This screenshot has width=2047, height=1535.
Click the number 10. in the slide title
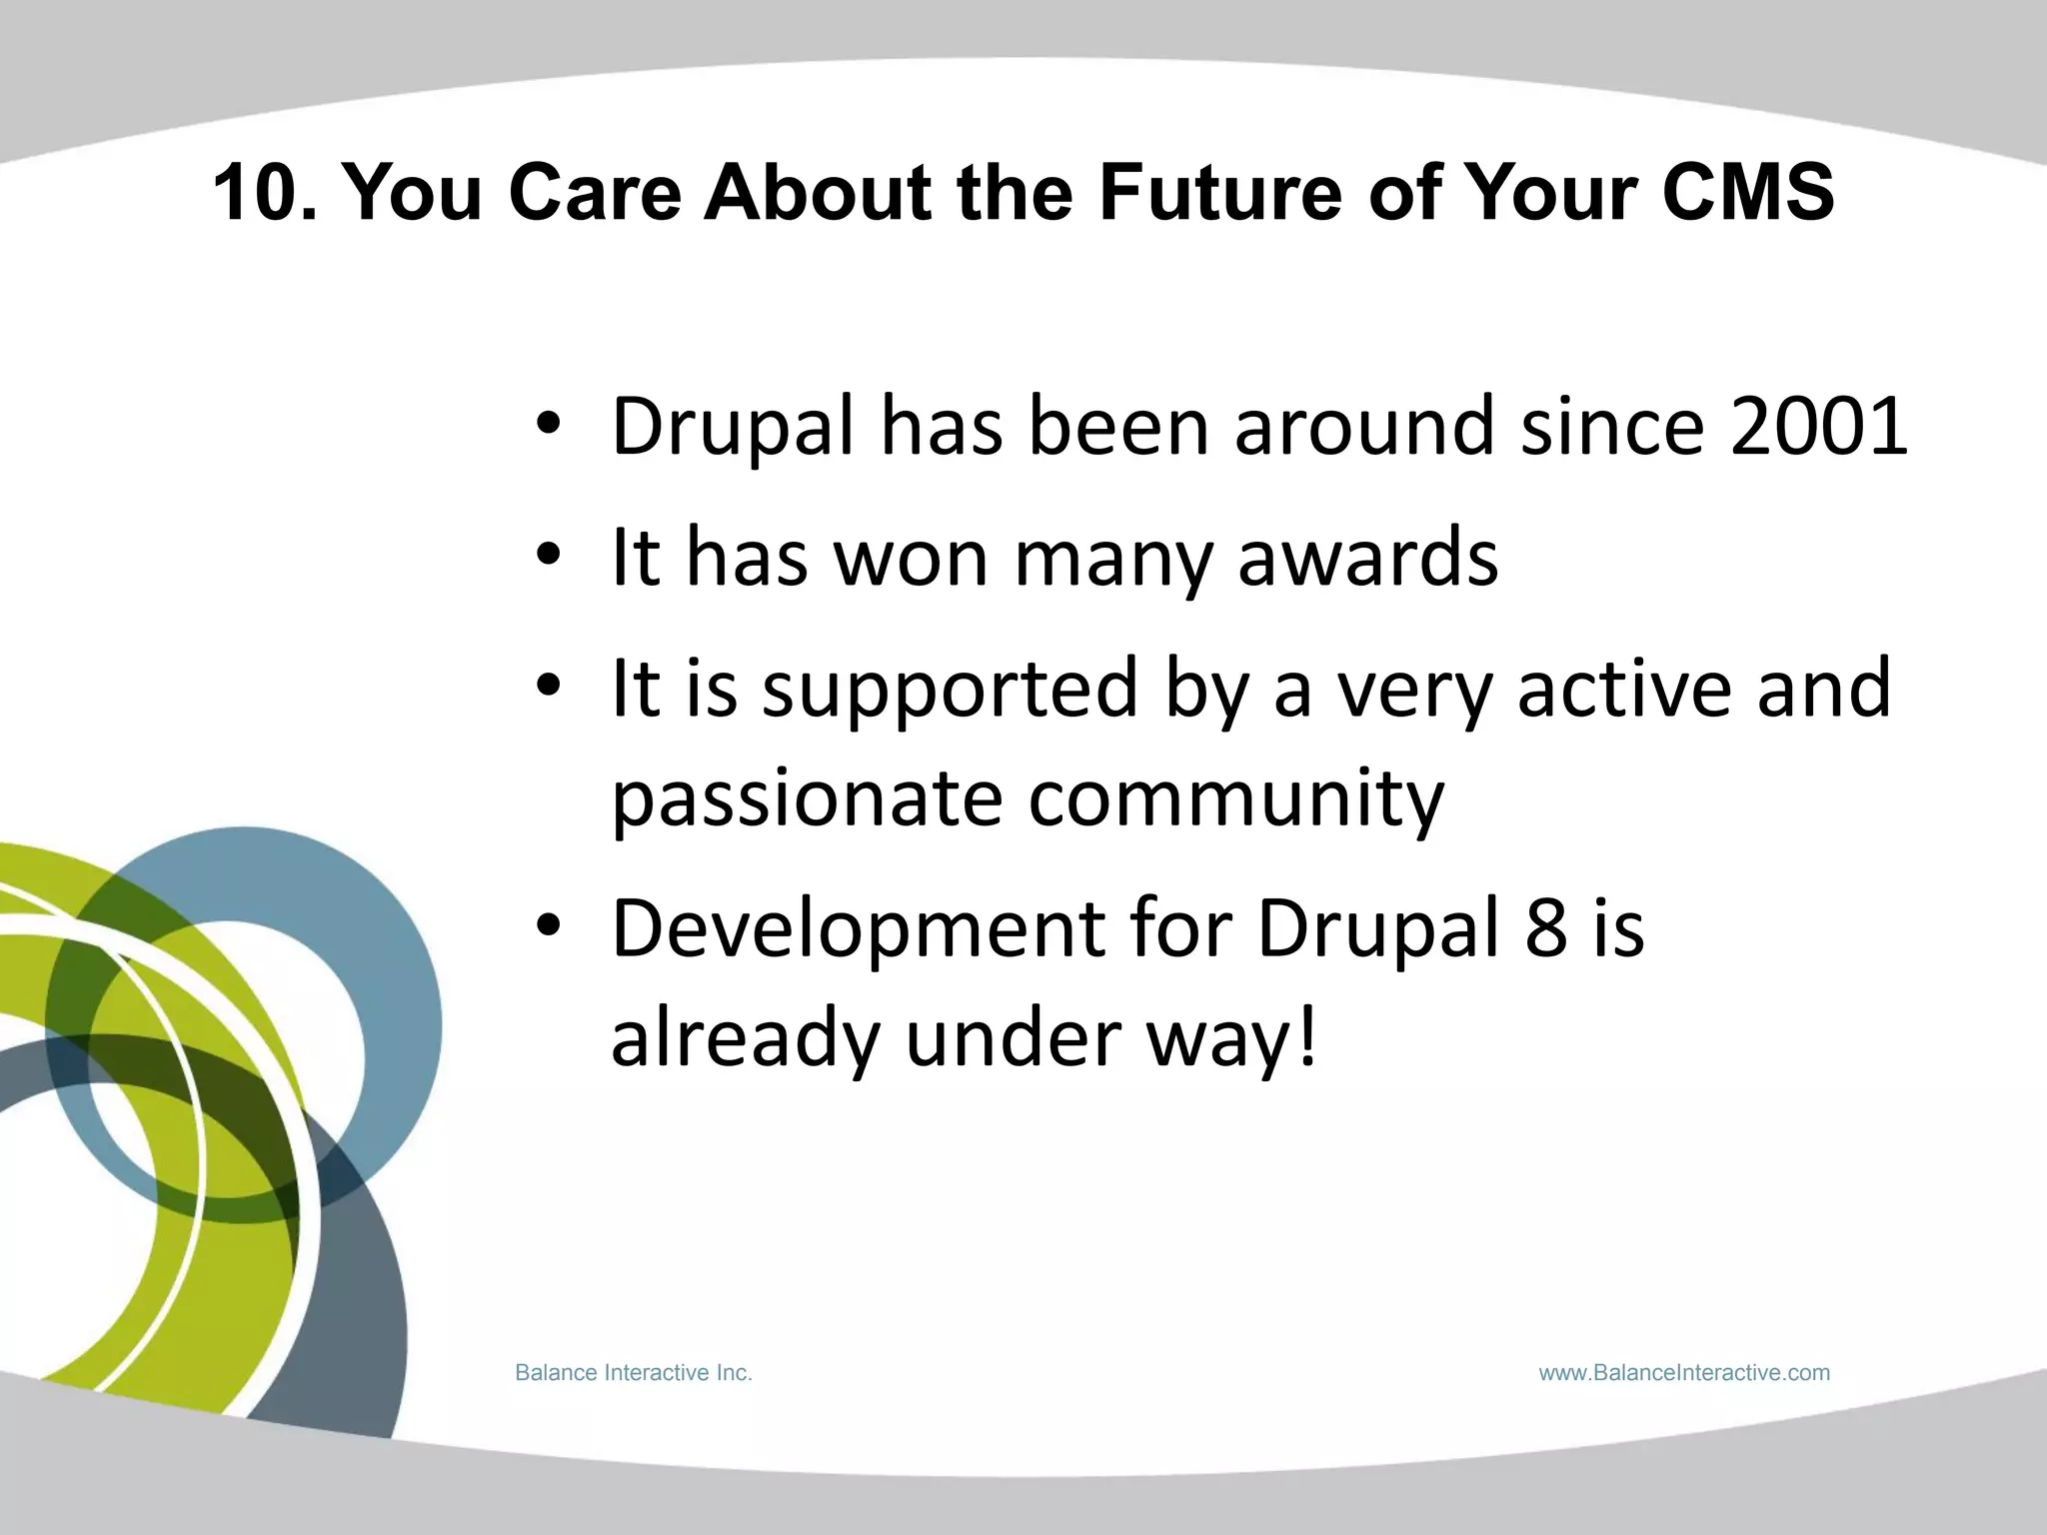pos(265,192)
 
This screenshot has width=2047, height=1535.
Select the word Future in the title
pos(1219,192)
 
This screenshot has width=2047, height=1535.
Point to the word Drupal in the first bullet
pos(733,427)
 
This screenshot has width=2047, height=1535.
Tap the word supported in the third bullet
pos(950,690)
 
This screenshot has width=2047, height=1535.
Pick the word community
pos(1236,799)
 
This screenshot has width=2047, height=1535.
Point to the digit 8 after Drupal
pos(1546,929)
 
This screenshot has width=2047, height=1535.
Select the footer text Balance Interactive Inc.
pos(633,1373)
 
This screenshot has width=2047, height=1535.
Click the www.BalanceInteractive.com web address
pos(1684,1373)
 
